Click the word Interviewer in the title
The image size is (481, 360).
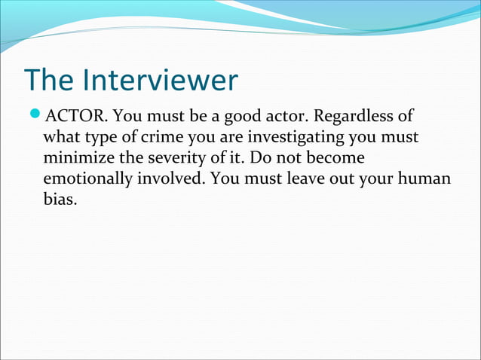(161, 80)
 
